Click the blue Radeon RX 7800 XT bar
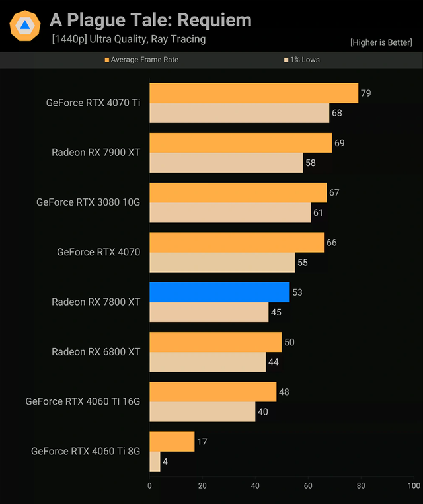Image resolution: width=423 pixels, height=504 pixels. click(x=219, y=292)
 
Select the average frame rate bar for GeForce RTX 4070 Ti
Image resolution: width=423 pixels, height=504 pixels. click(x=254, y=93)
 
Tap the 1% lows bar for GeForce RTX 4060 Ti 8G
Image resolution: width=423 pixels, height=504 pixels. click(x=155, y=461)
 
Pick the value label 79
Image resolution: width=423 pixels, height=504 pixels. click(x=365, y=93)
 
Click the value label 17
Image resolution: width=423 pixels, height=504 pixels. click(x=202, y=441)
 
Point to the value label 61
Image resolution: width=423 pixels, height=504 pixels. click(x=318, y=212)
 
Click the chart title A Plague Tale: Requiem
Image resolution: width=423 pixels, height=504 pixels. click(x=151, y=20)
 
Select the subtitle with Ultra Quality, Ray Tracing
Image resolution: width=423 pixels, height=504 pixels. click(x=128, y=39)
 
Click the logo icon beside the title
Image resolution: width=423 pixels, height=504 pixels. click(x=25, y=25)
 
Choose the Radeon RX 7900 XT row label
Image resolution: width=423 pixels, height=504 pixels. click(x=96, y=152)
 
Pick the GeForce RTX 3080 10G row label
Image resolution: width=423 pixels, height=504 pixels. click(x=89, y=202)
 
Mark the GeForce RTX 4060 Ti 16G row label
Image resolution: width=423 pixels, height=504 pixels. click(x=83, y=401)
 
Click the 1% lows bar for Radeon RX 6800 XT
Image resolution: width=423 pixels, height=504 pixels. click(x=208, y=362)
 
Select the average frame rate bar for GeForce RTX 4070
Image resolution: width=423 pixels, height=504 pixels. click(x=237, y=242)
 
